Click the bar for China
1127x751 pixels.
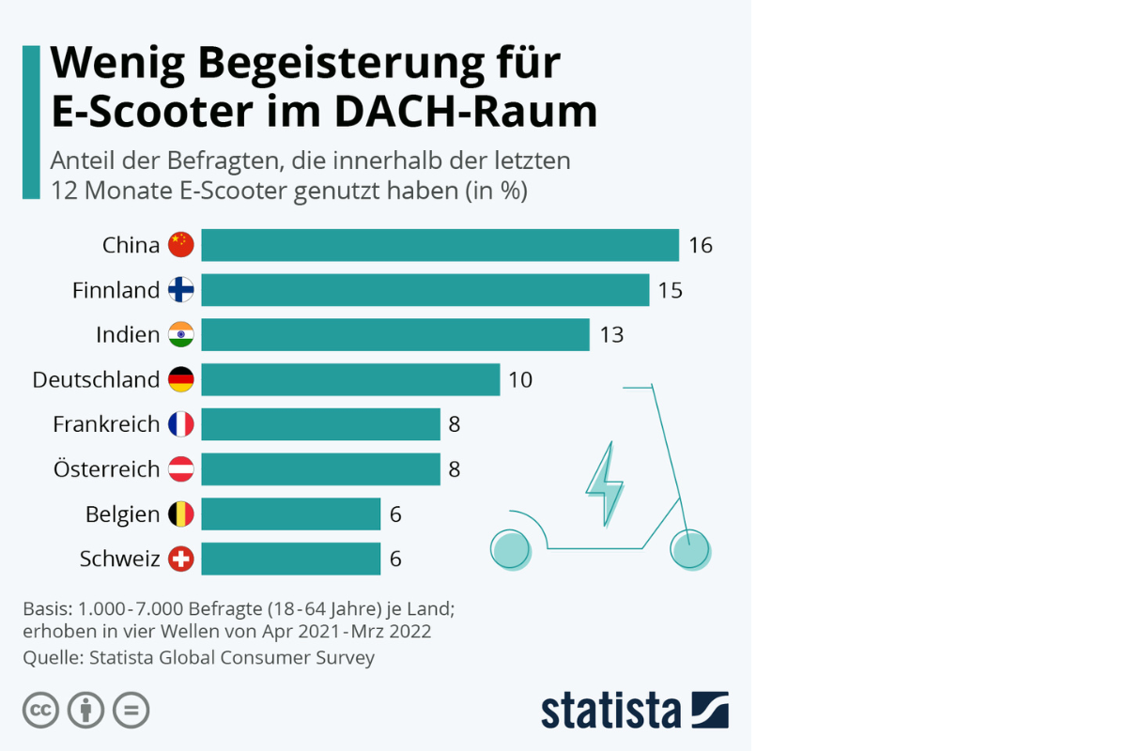[440, 245]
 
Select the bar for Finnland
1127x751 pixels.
[425, 290]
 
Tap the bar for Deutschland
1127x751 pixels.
[350, 379]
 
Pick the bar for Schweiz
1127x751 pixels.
[290, 559]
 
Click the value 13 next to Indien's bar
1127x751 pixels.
[611, 335]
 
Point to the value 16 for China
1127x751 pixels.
[701, 245]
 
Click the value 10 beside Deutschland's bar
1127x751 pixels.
[519, 379]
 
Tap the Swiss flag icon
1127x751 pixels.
[180, 559]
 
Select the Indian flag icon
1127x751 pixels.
[180, 335]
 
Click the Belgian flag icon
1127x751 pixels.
[180, 514]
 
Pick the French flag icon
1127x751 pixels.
[180, 424]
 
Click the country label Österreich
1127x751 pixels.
[106, 469]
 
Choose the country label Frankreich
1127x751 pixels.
[106, 424]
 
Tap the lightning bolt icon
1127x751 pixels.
[604, 483]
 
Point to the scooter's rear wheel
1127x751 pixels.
[511, 549]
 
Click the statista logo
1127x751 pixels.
[634, 710]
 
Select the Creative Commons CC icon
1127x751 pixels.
[41, 710]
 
